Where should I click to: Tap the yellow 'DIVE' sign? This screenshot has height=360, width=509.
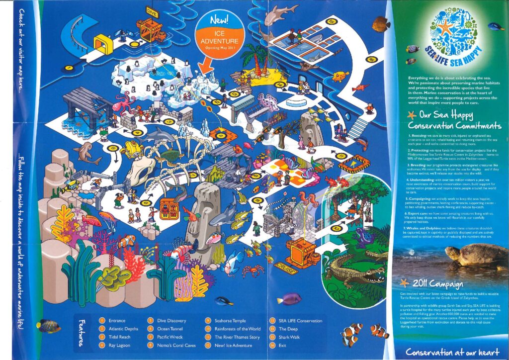tap(152, 14)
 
